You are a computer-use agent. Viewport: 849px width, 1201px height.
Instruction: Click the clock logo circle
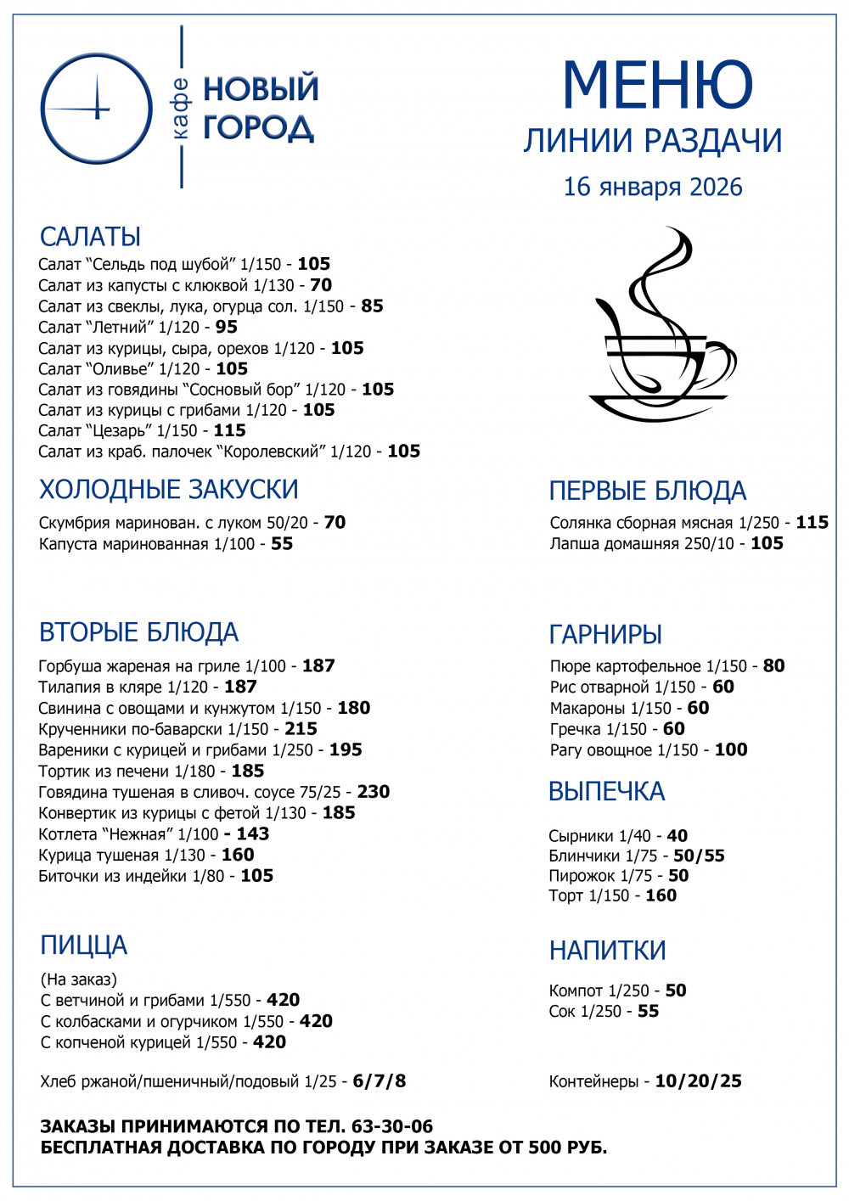point(96,108)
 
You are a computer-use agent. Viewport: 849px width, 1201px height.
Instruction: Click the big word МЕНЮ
point(657,85)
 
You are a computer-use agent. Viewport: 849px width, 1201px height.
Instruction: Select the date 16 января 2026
point(653,187)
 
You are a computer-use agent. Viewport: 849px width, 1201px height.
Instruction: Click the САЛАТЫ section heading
point(90,237)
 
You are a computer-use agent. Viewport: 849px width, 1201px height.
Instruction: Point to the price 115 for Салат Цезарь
point(229,430)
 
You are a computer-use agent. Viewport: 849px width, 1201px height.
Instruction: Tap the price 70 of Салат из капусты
point(321,285)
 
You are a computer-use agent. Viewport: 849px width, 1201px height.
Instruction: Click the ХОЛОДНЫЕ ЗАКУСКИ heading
point(169,490)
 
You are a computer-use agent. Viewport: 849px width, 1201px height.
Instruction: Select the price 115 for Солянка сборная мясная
point(812,523)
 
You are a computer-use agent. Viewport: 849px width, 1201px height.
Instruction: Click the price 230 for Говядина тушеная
point(374,792)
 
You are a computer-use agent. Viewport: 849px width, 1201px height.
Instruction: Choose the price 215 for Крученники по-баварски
point(301,729)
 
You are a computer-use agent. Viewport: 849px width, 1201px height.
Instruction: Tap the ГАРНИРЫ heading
point(605,634)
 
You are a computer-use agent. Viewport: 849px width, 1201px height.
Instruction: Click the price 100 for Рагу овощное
point(731,750)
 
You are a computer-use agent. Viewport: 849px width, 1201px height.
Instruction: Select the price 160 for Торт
point(661,895)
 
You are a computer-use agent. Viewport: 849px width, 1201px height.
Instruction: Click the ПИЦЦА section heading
point(83,946)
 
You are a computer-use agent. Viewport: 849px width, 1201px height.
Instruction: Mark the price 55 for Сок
point(648,1011)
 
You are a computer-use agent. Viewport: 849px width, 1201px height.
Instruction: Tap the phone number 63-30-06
point(392,1126)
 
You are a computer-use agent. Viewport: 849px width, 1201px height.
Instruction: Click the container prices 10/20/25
point(698,1081)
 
